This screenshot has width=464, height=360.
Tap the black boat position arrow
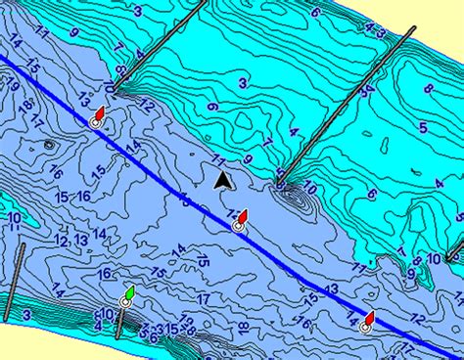tap(224, 179)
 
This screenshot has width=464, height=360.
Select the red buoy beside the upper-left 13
tap(99, 115)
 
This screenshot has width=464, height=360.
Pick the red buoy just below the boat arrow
tap(241, 218)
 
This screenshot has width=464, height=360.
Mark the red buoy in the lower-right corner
tap(368, 321)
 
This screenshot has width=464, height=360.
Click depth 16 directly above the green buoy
tap(105, 274)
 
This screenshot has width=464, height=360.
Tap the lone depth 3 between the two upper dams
tap(242, 84)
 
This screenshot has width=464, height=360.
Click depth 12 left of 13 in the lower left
tap(61, 241)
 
